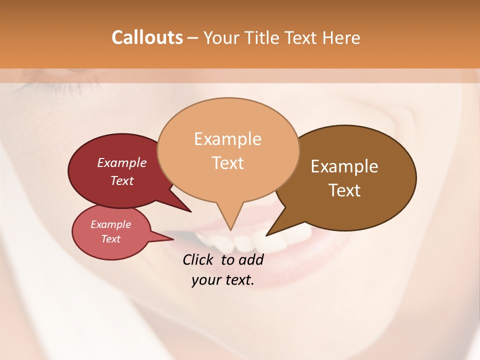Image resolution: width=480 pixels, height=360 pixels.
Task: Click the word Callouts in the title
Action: [x=147, y=37]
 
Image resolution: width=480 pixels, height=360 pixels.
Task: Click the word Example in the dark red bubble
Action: [x=122, y=162]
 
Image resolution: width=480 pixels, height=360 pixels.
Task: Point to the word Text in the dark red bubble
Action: [x=122, y=180]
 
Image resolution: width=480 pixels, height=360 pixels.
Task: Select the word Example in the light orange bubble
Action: [x=227, y=139]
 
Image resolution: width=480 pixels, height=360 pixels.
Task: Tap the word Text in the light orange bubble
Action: [x=228, y=162]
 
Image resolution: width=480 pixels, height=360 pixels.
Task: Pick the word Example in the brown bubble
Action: [x=344, y=166]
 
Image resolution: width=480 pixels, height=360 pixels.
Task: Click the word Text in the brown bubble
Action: [x=345, y=190]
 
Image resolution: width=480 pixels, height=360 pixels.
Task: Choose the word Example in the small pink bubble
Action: [x=110, y=224]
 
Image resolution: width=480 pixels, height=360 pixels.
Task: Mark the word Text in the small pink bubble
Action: [x=110, y=239]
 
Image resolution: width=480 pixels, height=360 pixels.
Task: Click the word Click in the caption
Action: [x=198, y=259]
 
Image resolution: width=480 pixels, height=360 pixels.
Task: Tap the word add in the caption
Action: [x=251, y=259]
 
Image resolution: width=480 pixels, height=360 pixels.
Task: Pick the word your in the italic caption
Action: [x=205, y=279]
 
